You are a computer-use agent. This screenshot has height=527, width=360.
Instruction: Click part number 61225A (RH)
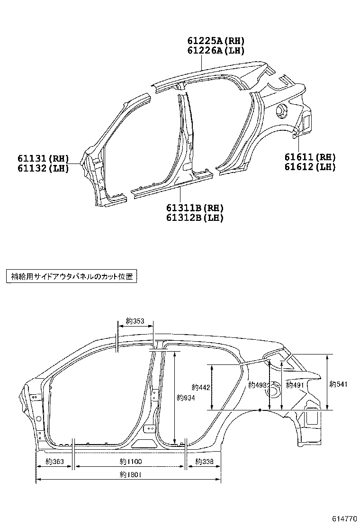click(x=216, y=41)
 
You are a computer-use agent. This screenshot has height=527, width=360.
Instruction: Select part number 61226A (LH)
click(x=216, y=51)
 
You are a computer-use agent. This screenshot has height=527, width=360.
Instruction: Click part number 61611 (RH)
click(x=310, y=157)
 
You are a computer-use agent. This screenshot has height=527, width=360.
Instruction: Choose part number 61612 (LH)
click(x=310, y=166)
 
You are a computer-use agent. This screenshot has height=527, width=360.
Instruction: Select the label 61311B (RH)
click(x=195, y=208)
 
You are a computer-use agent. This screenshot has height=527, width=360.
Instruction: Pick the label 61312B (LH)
click(x=195, y=218)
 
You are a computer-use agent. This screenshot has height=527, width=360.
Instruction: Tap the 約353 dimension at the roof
click(x=135, y=321)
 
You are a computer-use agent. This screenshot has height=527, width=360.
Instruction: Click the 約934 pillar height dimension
click(x=186, y=398)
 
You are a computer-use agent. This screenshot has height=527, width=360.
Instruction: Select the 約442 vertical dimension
click(x=201, y=387)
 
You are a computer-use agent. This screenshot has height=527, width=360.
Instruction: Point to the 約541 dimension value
click(x=338, y=384)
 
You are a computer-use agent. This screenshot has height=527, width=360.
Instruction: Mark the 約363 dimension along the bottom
click(x=55, y=462)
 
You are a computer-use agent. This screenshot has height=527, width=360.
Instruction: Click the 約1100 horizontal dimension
click(x=131, y=462)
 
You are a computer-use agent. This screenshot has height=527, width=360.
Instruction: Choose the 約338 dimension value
click(x=204, y=462)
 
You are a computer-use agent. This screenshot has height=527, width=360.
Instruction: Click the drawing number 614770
click(x=340, y=518)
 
